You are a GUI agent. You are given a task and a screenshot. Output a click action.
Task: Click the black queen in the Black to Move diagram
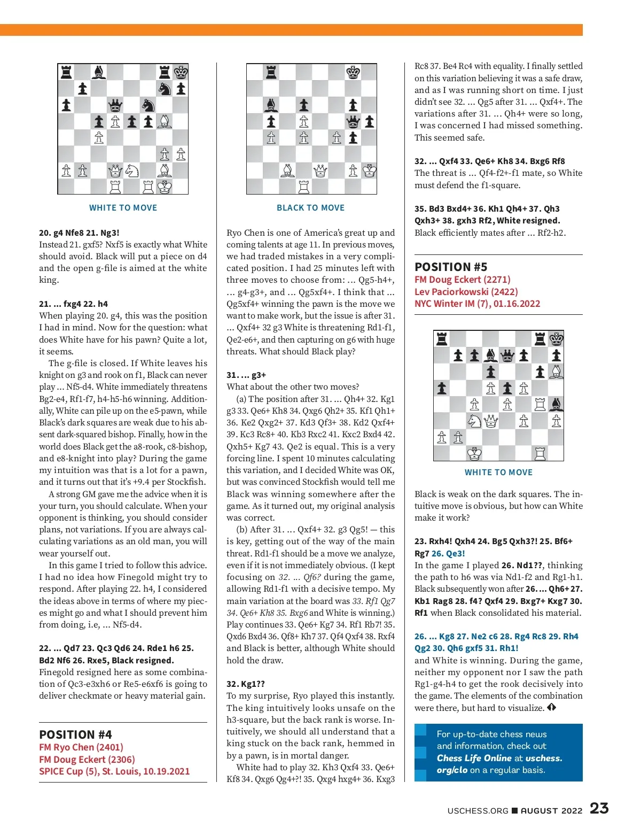click(x=353, y=122)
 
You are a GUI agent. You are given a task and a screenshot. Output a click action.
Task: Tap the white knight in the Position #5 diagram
click(x=474, y=421)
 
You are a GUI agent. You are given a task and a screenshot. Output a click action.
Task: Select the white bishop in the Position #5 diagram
click(x=556, y=371)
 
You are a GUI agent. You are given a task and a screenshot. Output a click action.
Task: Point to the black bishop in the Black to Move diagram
click(x=271, y=105)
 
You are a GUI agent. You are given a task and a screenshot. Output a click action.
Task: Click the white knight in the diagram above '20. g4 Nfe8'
click(x=131, y=171)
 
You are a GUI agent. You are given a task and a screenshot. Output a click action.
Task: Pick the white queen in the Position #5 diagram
click(x=490, y=421)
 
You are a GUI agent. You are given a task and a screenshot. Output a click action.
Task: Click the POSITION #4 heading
click(x=75, y=734)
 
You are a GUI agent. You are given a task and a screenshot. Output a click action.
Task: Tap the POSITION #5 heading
click(x=451, y=267)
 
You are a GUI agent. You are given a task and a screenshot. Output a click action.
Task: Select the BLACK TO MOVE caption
click(x=310, y=208)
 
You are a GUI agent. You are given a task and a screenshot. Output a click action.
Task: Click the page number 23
click(x=599, y=808)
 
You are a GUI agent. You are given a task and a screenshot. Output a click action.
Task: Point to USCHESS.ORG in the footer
click(x=478, y=810)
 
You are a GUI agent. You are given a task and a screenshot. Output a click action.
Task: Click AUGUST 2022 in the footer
click(x=551, y=810)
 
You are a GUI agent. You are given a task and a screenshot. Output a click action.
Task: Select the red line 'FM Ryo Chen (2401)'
click(x=81, y=747)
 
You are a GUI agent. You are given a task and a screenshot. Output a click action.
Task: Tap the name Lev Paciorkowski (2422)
click(x=466, y=291)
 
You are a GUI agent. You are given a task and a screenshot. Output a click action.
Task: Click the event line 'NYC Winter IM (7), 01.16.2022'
click(x=477, y=304)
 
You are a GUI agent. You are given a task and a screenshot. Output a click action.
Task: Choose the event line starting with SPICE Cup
click(x=114, y=771)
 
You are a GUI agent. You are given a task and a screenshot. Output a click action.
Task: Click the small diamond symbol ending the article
click(x=551, y=708)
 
